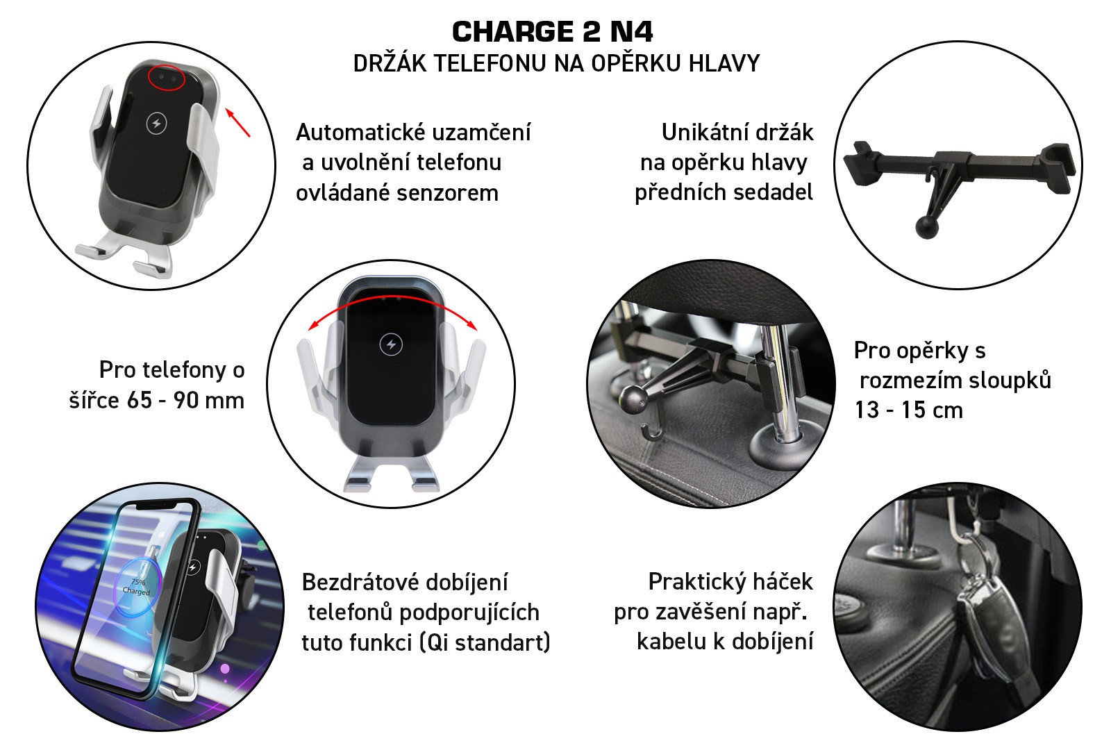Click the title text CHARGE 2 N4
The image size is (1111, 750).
553,32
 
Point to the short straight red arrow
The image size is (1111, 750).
238,122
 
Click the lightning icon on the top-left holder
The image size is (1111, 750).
157,123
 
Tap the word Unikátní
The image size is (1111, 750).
701,133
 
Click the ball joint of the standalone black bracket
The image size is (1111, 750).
926,227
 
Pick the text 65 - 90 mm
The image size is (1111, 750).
185,400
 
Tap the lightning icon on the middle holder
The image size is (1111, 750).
391,344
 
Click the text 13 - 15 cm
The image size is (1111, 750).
909,410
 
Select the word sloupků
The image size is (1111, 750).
1010,380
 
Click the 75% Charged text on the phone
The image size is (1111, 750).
136,587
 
